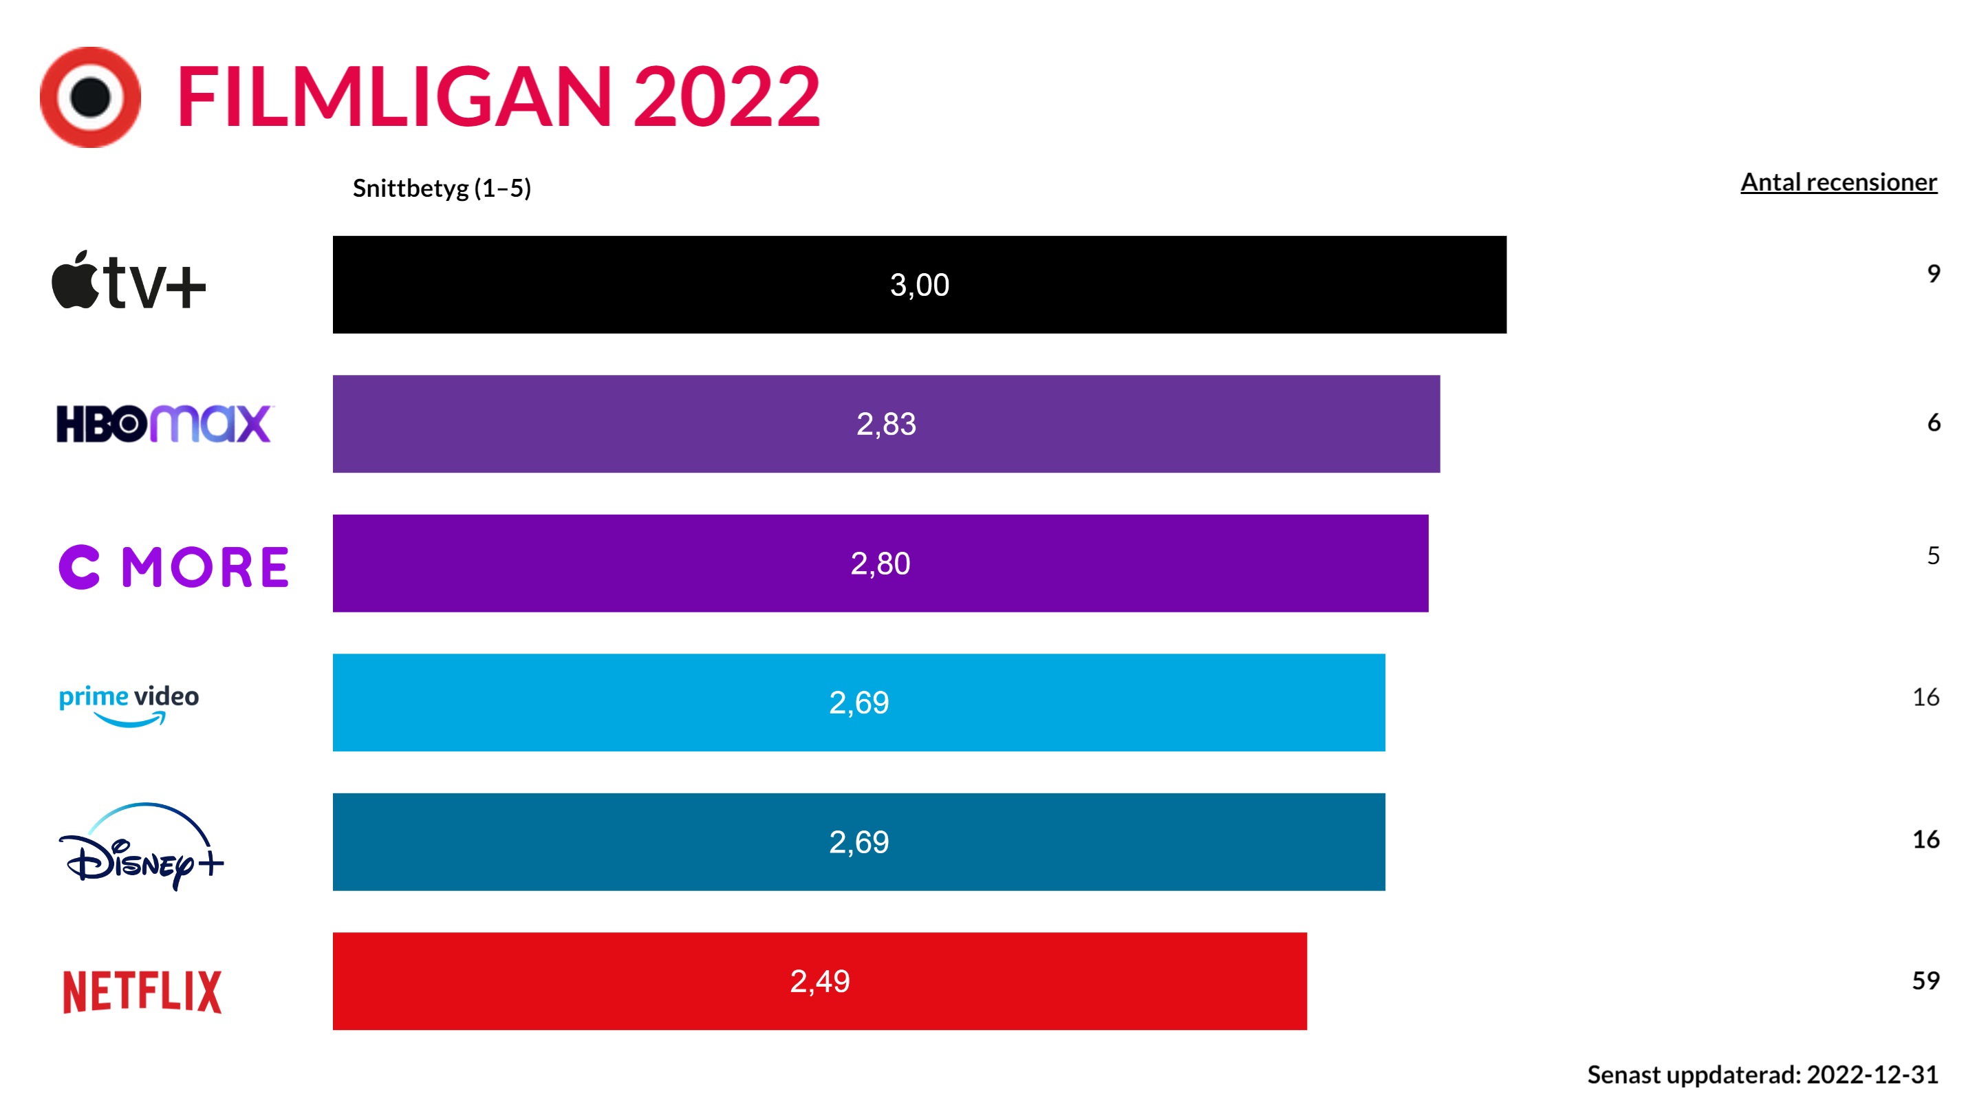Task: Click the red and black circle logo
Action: click(91, 98)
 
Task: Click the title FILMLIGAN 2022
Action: click(498, 98)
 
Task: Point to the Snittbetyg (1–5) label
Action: click(442, 188)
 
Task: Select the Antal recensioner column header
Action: click(1838, 183)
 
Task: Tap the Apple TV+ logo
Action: click(129, 281)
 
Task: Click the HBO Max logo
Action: click(164, 424)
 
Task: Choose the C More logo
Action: click(174, 568)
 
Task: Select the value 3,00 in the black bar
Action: click(920, 286)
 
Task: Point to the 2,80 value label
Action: click(881, 564)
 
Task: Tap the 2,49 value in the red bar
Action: click(820, 981)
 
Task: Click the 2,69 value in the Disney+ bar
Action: click(858, 842)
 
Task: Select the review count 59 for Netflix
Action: click(1925, 980)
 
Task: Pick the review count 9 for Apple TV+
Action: click(1933, 274)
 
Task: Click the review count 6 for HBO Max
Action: click(1933, 422)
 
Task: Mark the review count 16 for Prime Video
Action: click(1925, 697)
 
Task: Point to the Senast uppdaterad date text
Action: click(1762, 1074)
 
